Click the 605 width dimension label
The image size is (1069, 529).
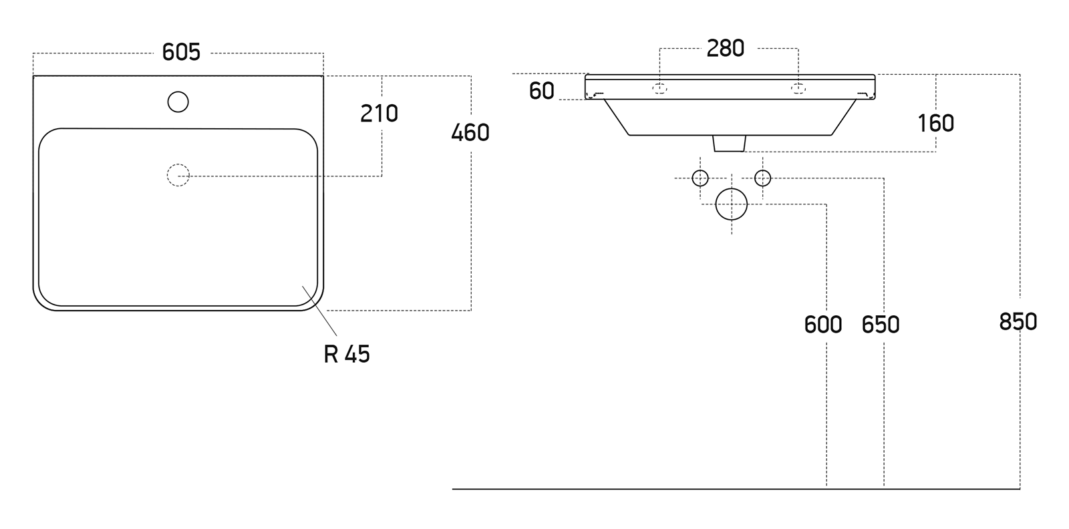point(181,52)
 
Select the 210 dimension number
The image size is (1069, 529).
point(379,114)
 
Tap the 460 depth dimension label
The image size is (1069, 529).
point(470,133)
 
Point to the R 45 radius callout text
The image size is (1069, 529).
point(347,354)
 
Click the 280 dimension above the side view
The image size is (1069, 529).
point(726,48)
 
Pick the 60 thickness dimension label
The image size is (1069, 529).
point(541,91)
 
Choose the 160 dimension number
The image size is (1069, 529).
point(935,124)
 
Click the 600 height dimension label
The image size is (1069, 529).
point(823,325)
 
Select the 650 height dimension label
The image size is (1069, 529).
point(881,325)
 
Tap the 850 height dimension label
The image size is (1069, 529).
point(1018,322)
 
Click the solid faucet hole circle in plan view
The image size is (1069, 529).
point(178,102)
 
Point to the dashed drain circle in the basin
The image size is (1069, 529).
point(178,175)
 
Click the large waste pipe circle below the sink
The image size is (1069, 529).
point(731,204)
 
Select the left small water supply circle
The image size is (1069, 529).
point(700,178)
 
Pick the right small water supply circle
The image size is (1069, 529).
point(762,178)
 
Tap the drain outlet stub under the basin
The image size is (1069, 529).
point(729,143)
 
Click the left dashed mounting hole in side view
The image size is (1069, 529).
point(659,89)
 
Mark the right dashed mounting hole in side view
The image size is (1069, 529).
point(798,89)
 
